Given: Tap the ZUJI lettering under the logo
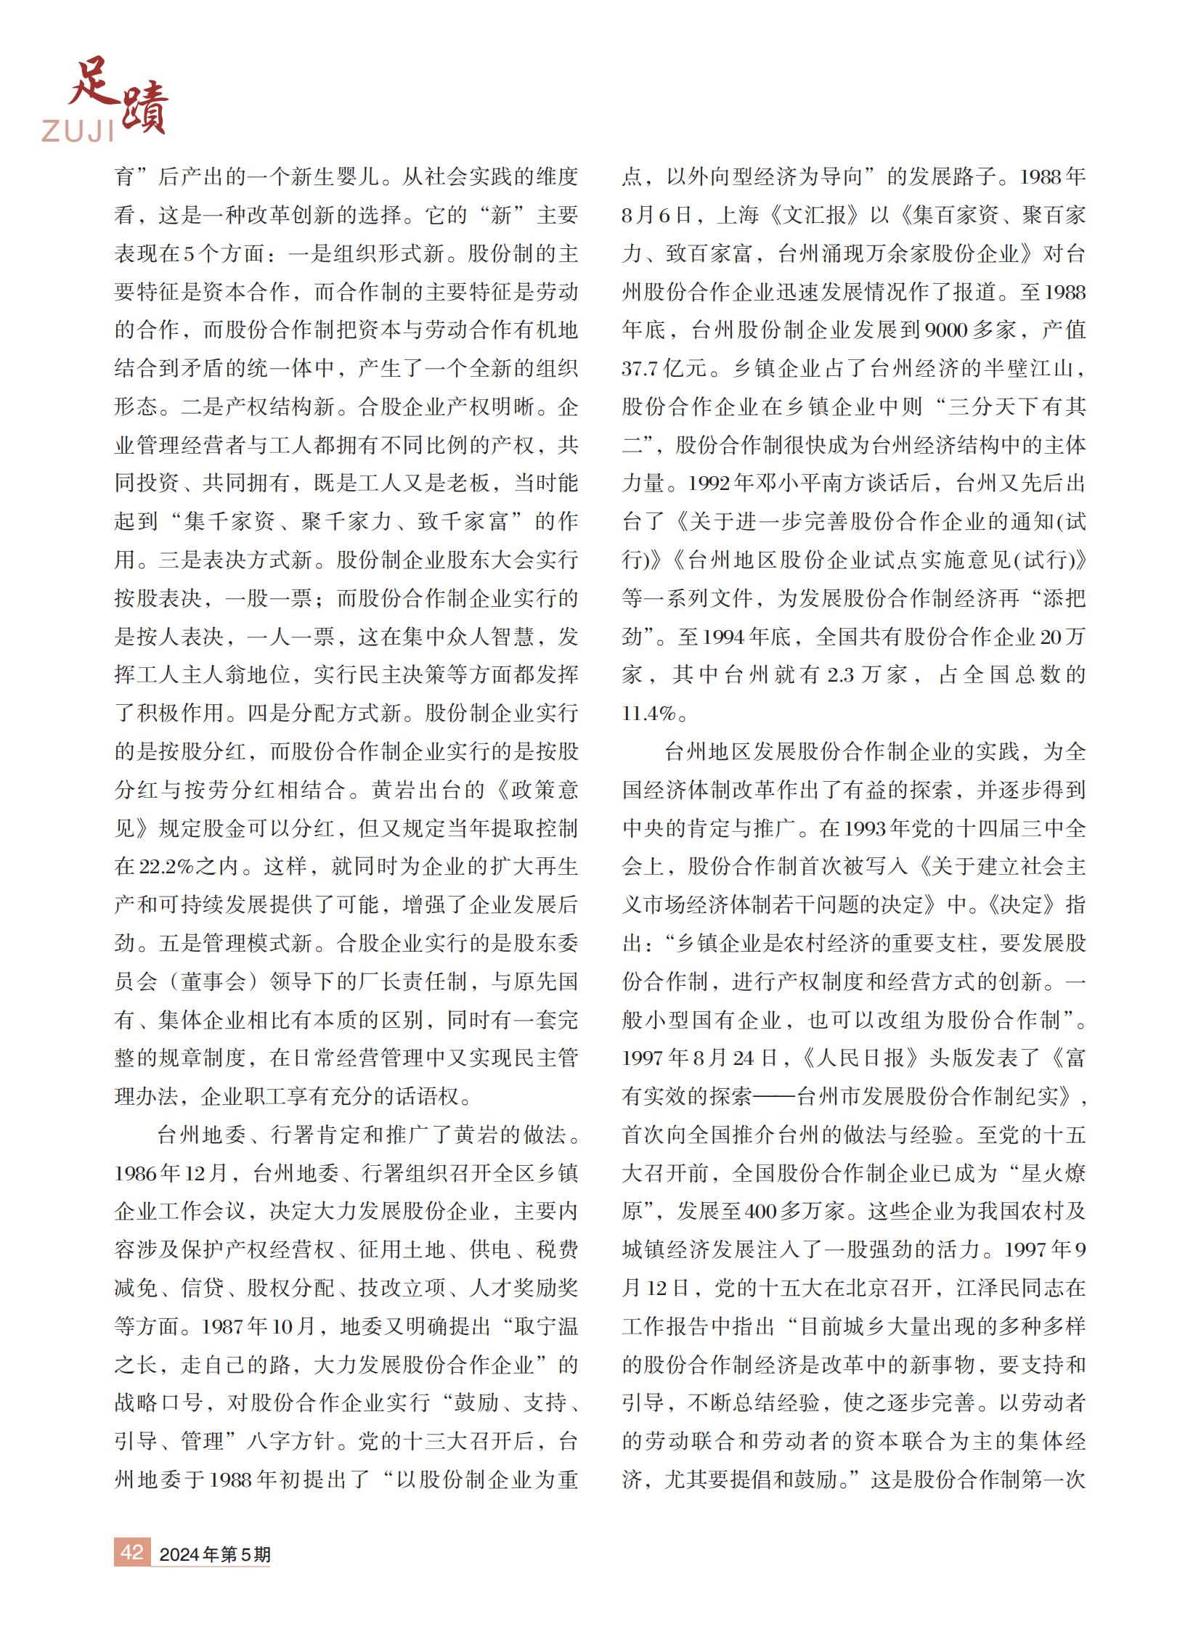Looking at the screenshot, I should pyautogui.click(x=78, y=131).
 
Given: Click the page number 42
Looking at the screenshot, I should pyautogui.click(x=131, y=1551).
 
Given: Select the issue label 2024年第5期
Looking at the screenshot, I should pyautogui.click(x=214, y=1554).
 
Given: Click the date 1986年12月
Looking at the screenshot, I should pyautogui.click(x=171, y=1173).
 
